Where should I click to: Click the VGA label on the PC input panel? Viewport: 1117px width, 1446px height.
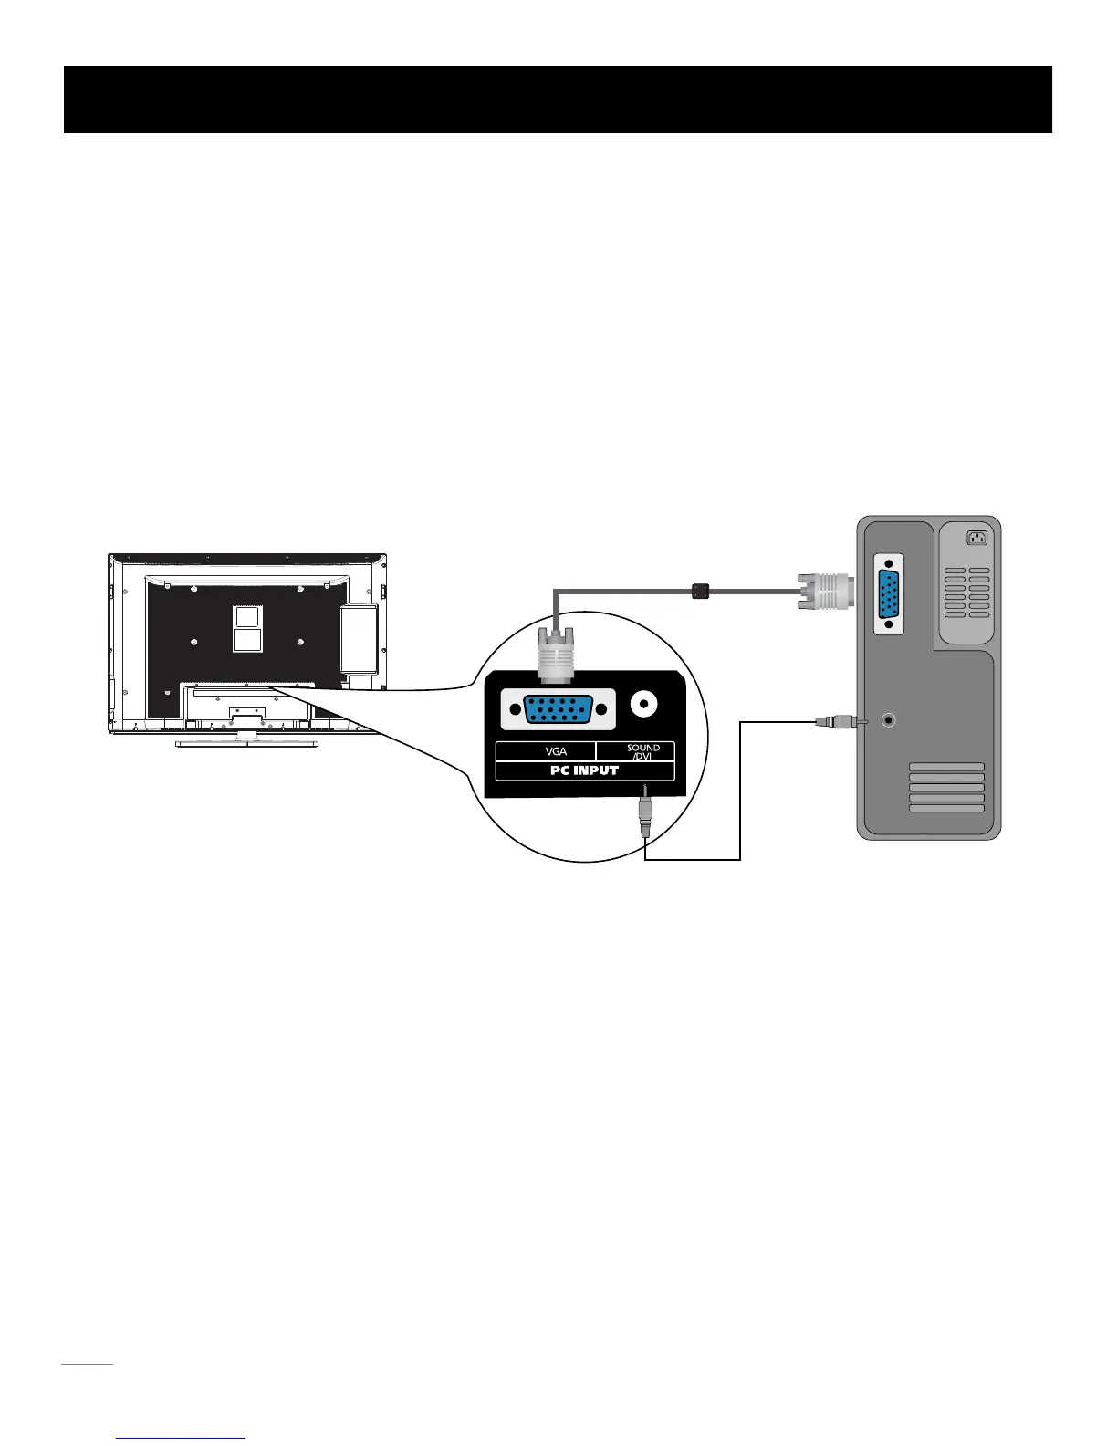[556, 751]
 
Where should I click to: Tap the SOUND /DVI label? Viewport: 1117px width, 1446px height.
[642, 751]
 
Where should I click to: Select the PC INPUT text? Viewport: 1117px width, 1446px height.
[584, 770]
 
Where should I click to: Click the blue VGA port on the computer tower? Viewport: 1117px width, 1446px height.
[890, 594]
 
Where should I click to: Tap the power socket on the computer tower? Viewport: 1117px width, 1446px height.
[976, 538]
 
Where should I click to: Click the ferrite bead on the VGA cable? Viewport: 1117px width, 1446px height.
[700, 591]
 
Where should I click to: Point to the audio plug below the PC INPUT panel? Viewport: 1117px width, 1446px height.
[645, 815]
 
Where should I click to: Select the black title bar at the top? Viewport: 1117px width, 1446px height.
[558, 100]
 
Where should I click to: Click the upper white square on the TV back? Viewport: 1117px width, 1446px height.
[247, 617]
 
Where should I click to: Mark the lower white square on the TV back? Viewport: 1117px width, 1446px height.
[247, 639]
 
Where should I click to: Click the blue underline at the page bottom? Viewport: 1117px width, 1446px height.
[181, 1438]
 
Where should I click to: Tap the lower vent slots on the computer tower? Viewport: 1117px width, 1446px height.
[946, 788]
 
